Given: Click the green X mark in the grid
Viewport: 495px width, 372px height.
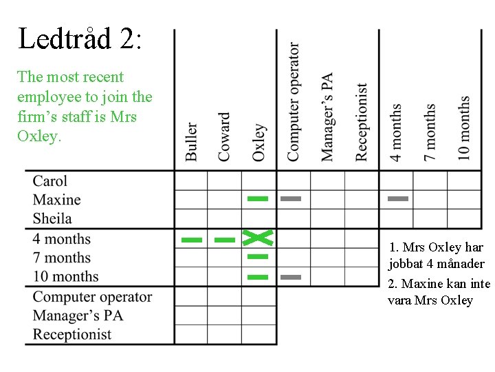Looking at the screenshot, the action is [x=258, y=238].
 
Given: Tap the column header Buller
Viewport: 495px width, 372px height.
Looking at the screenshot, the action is [x=191, y=142].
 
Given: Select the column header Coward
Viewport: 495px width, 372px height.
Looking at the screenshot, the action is [x=225, y=137].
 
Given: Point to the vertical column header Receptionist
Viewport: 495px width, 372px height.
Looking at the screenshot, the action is [x=362, y=122].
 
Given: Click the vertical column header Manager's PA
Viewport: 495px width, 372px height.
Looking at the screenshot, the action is [x=327, y=117].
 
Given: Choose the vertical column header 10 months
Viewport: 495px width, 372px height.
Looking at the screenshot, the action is [x=464, y=127].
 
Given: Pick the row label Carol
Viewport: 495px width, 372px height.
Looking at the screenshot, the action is [x=50, y=181].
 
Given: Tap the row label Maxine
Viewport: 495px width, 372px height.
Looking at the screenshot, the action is [x=57, y=200].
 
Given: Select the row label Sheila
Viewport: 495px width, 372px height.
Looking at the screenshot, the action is [x=52, y=218].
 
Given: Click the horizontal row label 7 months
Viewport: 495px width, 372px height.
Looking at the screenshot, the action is [x=62, y=258].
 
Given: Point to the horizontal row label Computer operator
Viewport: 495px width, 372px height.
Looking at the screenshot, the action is [x=93, y=297].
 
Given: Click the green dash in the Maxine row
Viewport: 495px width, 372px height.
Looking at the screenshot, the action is [x=258, y=198].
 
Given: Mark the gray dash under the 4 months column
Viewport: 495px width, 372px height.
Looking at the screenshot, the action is [x=397, y=198].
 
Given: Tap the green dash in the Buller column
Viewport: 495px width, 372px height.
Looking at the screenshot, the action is [x=191, y=240].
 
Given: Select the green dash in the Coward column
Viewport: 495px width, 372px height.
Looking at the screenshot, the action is [x=224, y=240].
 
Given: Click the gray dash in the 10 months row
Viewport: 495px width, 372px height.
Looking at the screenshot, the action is [x=291, y=277].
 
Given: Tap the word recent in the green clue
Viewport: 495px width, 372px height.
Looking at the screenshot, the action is [x=102, y=77].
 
